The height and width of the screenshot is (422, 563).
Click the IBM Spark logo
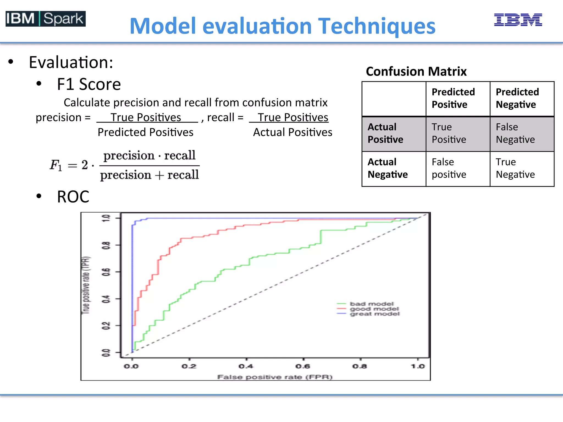coord(46,19)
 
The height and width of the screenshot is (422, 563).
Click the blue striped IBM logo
coord(518,20)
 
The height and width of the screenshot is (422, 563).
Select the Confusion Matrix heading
coord(416,71)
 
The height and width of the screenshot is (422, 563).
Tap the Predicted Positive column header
coord(453,98)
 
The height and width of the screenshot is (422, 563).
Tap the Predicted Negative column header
coord(517,98)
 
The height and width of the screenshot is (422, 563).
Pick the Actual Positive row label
coord(385,133)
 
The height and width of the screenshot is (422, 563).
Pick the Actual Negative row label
coord(387,168)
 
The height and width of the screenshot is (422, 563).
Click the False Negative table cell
coord(515,133)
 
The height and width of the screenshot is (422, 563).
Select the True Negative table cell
coord(515,168)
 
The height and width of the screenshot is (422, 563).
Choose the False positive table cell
coord(449,168)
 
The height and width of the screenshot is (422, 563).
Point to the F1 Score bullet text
coord(89,84)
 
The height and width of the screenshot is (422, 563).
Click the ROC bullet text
coord(73,197)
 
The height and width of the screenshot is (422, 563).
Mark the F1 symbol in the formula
coord(56,165)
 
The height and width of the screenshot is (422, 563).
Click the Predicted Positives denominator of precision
coord(145,132)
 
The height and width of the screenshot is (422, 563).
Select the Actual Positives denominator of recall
coord(292,132)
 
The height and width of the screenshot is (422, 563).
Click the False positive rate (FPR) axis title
coord(275,377)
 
